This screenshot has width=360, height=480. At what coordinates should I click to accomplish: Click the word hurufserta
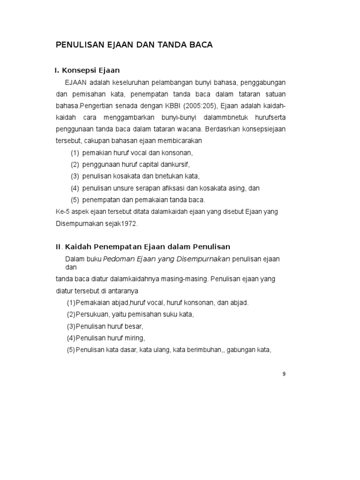click(269, 118)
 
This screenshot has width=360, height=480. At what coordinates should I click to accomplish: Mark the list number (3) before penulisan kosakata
click(75, 176)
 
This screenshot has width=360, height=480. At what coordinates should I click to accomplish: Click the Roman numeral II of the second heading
click(59, 247)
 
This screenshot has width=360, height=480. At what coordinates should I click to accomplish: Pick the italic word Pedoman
click(118, 259)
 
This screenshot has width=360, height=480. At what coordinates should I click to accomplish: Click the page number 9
click(284, 374)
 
